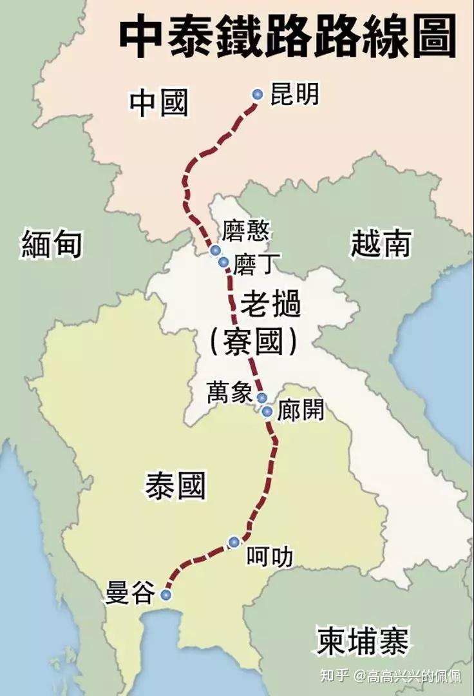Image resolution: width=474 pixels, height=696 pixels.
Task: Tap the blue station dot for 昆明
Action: pyautogui.click(x=258, y=95)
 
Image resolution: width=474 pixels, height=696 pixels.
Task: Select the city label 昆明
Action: pyautogui.click(x=294, y=95)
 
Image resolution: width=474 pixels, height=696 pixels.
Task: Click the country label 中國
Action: pyautogui.click(x=158, y=103)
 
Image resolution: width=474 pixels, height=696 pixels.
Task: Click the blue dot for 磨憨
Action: pyautogui.click(x=216, y=250)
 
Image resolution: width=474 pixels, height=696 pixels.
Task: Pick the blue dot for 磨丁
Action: pyautogui.click(x=223, y=262)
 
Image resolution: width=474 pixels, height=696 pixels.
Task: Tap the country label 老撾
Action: pyautogui.click(x=270, y=303)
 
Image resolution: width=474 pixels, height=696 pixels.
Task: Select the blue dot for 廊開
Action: pyautogui.click(x=267, y=411)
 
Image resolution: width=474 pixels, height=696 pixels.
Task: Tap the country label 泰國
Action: pyautogui.click(x=175, y=485)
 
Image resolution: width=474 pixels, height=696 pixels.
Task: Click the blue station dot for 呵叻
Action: pyautogui.click(x=234, y=542)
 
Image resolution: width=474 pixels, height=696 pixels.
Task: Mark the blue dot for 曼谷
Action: pyautogui.click(x=167, y=594)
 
